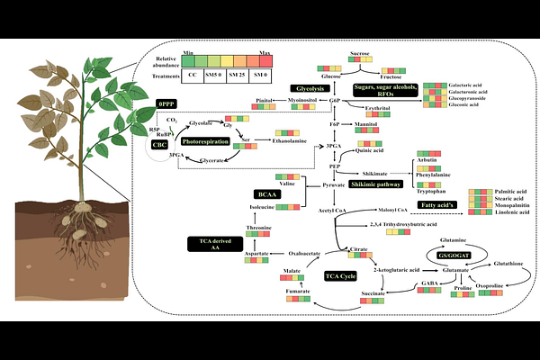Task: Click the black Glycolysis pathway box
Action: point(304,88)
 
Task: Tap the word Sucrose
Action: point(361,54)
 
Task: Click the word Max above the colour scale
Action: point(265,53)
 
